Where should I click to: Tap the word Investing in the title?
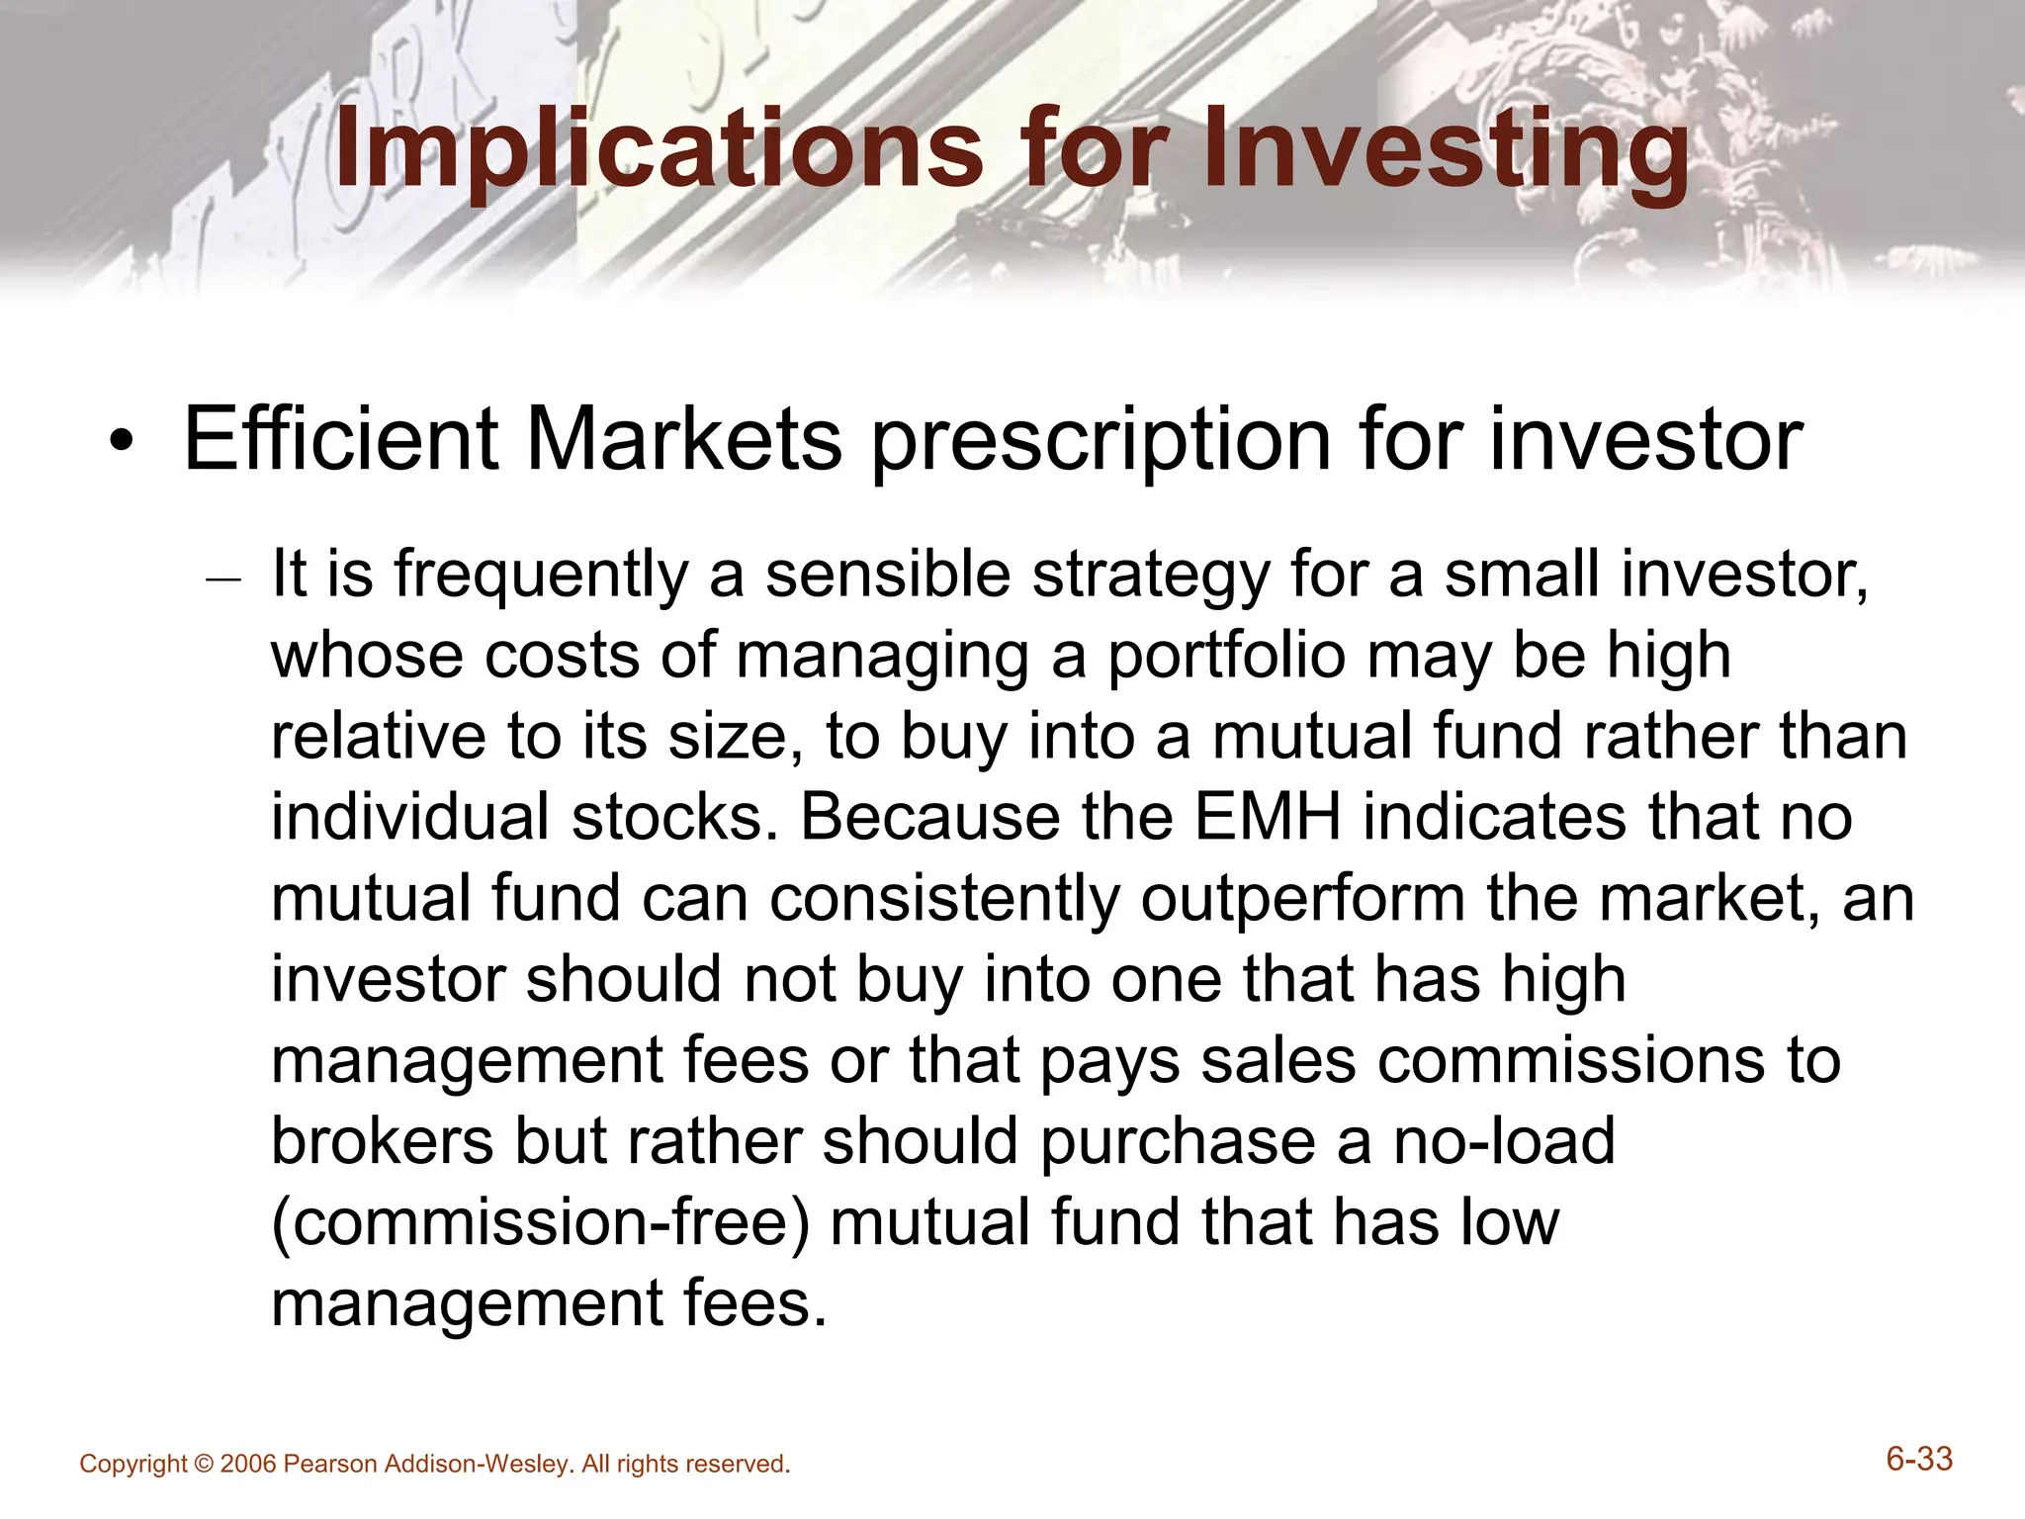[x=1446, y=150]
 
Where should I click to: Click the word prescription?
[x=1100, y=440]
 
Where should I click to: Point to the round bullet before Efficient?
[x=121, y=442]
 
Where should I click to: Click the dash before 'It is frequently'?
[x=222, y=580]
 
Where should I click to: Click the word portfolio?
[x=1226, y=656]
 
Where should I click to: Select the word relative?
[x=380, y=737]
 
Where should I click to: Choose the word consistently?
[x=944, y=900]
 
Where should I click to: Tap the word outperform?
[x=1302, y=900]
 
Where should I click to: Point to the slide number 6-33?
[x=1919, y=1459]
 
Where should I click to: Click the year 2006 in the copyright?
[x=248, y=1465]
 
